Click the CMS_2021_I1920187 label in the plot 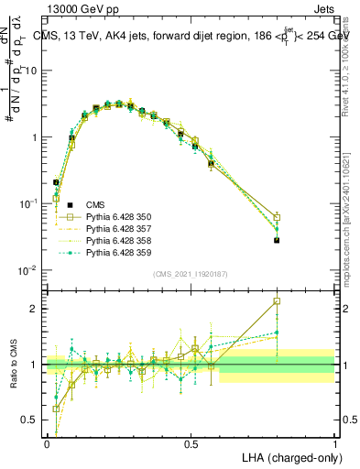[x=190, y=273]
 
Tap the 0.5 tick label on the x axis [x=191, y=442]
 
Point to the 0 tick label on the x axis [x=47, y=442]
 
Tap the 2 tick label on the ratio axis [x=35, y=309]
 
